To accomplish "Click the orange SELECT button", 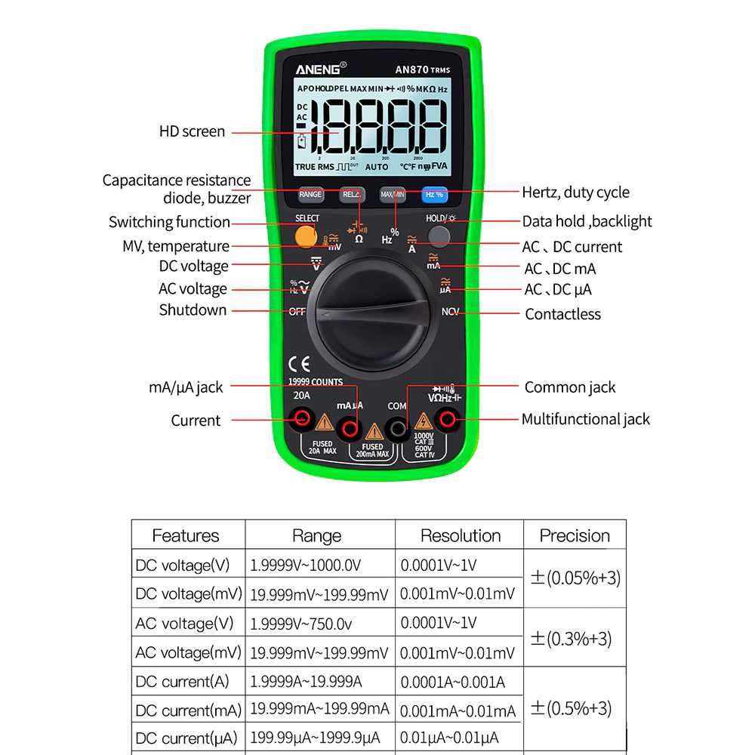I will [306, 236].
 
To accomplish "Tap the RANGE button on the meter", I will [310, 195].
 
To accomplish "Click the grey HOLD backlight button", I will [439, 236].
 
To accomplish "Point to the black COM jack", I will [396, 428].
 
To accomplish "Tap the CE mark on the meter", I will [300, 362].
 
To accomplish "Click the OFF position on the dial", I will [297, 311].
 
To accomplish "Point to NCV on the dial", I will [450, 311].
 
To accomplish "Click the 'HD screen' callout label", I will [192, 131].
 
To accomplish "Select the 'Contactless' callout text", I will [562, 314].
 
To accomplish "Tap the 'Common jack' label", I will [570, 387].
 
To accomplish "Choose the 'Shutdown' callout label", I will [193, 310].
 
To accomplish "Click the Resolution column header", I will [461, 535].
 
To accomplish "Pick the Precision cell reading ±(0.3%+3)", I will [575, 638].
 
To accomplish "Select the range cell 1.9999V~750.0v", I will [301, 624].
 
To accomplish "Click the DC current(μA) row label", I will [186, 738].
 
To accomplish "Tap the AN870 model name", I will [412, 69].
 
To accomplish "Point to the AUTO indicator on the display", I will [377, 167].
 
